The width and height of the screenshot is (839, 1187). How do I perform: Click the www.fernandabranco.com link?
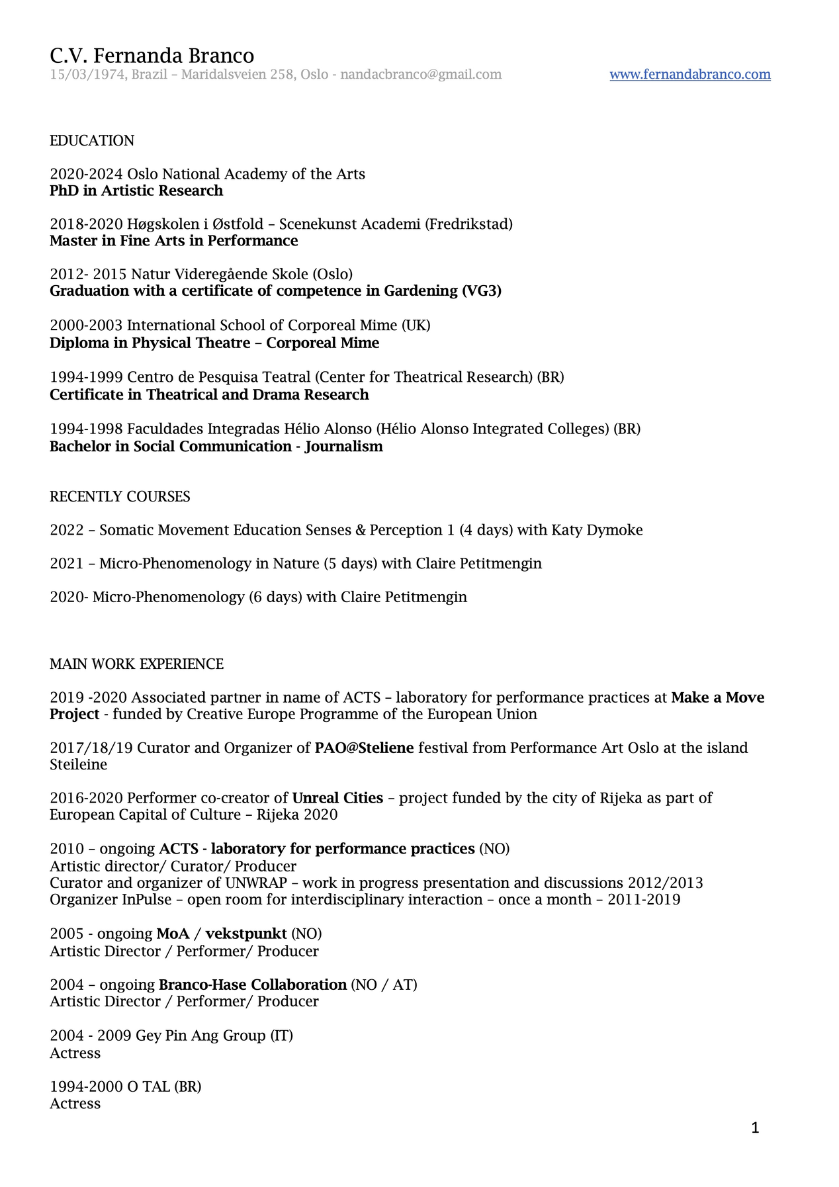[689, 74]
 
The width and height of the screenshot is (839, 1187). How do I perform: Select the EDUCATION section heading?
[92, 141]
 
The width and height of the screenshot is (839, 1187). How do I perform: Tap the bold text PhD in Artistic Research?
[136, 191]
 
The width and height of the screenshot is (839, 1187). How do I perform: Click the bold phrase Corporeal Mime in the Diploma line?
[322, 343]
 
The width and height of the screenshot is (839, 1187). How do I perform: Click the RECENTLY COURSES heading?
[120, 497]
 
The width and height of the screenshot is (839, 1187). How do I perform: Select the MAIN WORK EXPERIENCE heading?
[136, 664]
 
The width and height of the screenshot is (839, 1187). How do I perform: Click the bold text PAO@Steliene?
[364, 748]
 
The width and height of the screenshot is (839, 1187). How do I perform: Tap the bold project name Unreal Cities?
[337, 799]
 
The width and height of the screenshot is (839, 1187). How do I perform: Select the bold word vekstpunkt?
[246, 934]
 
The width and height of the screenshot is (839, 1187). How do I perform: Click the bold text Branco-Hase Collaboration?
[253, 985]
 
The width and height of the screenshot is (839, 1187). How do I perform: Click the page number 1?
[755, 1128]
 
